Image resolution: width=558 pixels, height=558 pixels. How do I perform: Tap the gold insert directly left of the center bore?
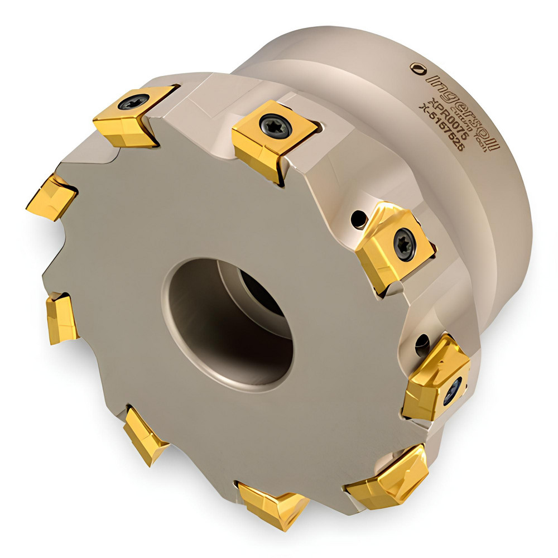coord(60,317)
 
